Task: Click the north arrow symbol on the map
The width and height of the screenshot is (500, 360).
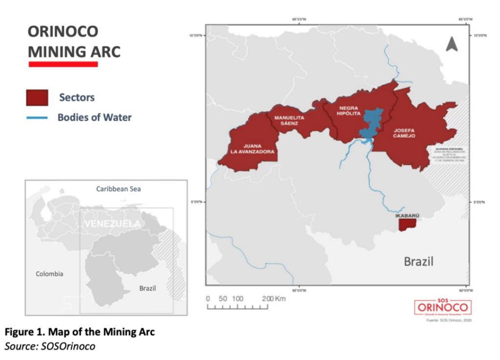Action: (451, 44)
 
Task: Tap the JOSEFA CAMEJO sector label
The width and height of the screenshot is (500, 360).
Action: (404, 133)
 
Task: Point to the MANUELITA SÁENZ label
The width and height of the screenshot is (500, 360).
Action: (286, 121)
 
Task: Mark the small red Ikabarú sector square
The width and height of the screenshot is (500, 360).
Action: (407, 224)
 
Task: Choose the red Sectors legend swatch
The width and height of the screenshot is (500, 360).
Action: (37, 97)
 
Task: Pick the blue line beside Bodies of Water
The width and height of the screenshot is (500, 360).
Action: (37, 118)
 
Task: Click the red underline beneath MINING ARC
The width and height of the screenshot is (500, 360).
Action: (63, 64)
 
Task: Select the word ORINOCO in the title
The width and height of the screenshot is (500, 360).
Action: (63, 32)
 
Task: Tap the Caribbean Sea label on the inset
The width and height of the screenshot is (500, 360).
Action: (118, 189)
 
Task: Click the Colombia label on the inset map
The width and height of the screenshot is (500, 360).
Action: (49, 274)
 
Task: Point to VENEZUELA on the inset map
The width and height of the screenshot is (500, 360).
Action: (112, 224)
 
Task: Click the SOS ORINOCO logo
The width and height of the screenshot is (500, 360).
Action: (443, 306)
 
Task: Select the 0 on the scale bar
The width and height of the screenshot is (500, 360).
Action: (208, 298)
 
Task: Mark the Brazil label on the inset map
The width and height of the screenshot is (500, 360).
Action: (147, 288)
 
